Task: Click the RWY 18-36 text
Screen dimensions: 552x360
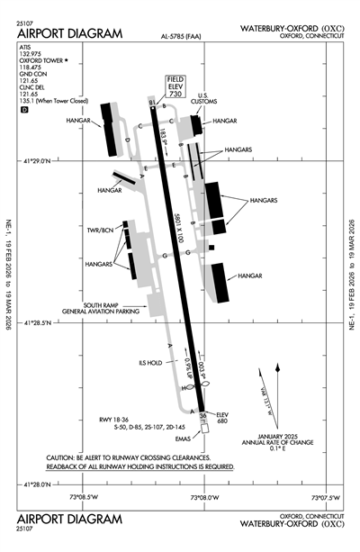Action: click(x=117, y=419)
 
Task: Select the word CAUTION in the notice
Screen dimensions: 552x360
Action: click(x=63, y=458)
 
